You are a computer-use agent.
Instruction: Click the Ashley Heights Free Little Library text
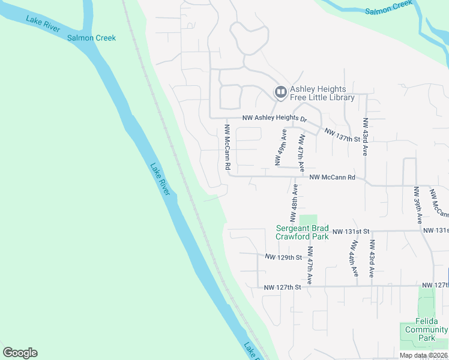pos(322,93)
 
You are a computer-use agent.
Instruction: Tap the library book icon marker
pos(280,92)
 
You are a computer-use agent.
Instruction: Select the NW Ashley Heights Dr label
pos(274,119)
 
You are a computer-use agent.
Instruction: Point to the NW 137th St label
pos(341,135)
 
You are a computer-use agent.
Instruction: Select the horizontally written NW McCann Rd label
pos(333,177)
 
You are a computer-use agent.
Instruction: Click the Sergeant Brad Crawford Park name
pos(302,232)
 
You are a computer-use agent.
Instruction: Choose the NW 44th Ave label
pos(355,258)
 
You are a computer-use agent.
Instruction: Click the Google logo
pos(20,353)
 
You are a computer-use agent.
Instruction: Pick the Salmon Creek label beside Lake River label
pos(92,38)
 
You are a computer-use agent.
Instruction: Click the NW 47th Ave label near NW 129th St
pos(310,265)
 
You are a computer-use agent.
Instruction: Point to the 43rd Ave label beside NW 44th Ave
pos(372,258)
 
